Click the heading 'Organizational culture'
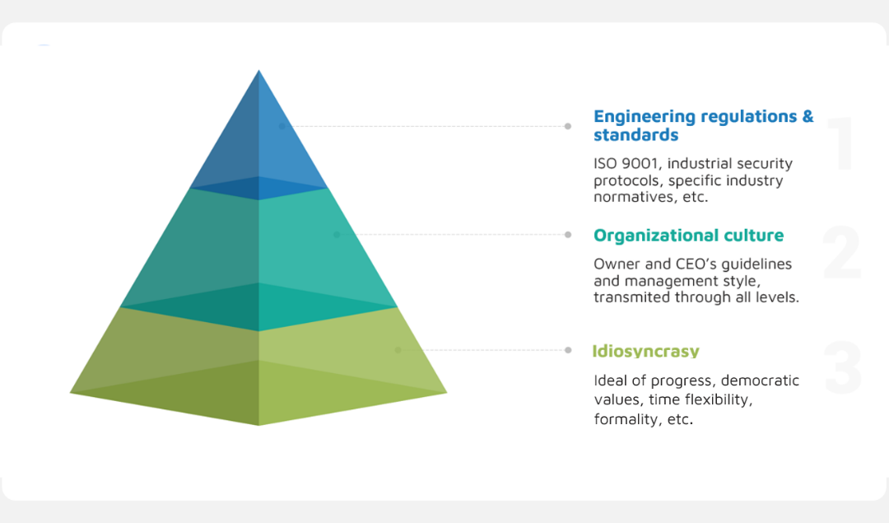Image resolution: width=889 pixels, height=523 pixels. tap(688, 236)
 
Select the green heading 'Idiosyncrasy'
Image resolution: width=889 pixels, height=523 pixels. tap(646, 351)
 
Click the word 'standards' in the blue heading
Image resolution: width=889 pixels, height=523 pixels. tap(636, 135)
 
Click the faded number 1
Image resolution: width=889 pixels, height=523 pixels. tap(842, 142)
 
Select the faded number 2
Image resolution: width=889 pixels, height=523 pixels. tap(842, 252)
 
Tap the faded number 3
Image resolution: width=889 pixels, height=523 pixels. tap(843, 367)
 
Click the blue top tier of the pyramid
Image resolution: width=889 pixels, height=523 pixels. tap(258, 142)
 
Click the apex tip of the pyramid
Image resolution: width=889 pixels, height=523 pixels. tap(259, 70)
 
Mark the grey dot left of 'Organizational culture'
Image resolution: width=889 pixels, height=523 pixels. tap(568, 235)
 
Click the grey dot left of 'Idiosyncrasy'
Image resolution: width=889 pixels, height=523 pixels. tap(568, 350)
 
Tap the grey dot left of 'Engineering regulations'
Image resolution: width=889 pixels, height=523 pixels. tap(567, 127)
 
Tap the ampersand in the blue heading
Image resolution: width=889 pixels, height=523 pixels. tap(808, 117)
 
